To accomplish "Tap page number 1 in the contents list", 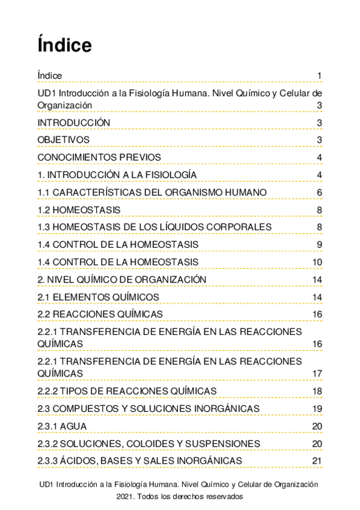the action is [x=320, y=75].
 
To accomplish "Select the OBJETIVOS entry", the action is [x=64, y=140].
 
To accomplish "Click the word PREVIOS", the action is [x=136, y=158].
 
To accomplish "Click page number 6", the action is [x=320, y=192].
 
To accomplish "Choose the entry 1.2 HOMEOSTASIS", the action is [x=79, y=210].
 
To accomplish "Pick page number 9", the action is [x=320, y=244].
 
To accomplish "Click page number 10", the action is [x=317, y=262].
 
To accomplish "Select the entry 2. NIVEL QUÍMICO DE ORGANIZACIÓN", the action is [x=122, y=279].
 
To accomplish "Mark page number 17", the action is [x=317, y=373].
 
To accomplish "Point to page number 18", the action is [x=317, y=391].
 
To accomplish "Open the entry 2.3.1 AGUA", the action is [x=62, y=426].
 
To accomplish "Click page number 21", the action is [x=317, y=461].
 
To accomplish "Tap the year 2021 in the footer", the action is [x=126, y=497].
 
